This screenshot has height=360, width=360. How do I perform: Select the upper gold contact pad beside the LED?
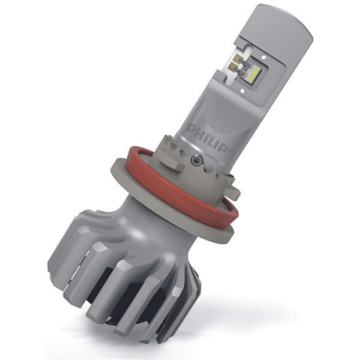tap(236, 56)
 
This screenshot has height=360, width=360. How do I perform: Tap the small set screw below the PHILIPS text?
tap(196, 158)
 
